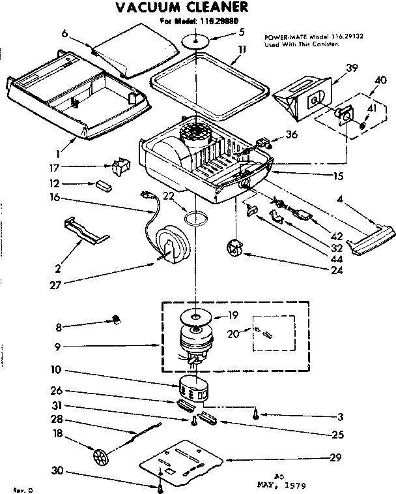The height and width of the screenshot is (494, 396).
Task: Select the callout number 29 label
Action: click(x=335, y=457)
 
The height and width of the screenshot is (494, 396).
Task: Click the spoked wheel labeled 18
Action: click(x=100, y=455)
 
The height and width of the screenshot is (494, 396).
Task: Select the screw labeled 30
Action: click(x=160, y=486)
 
